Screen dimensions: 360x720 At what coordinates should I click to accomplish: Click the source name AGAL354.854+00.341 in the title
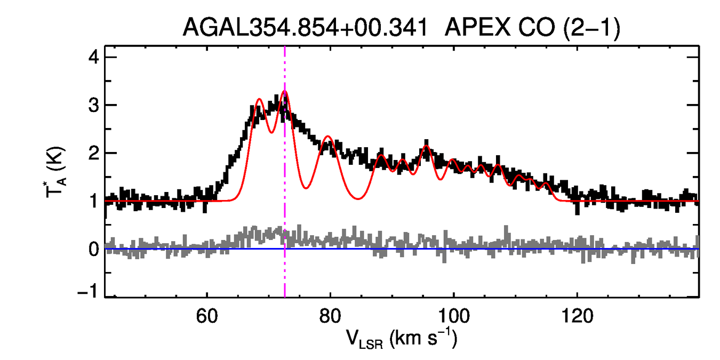[305, 28]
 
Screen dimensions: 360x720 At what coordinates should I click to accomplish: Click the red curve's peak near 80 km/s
[328, 137]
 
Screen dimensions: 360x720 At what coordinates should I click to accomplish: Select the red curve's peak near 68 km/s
[259, 99]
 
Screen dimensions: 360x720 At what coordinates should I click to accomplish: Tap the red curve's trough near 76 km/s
[306, 188]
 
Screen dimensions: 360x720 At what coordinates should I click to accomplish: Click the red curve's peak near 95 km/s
[426, 146]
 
